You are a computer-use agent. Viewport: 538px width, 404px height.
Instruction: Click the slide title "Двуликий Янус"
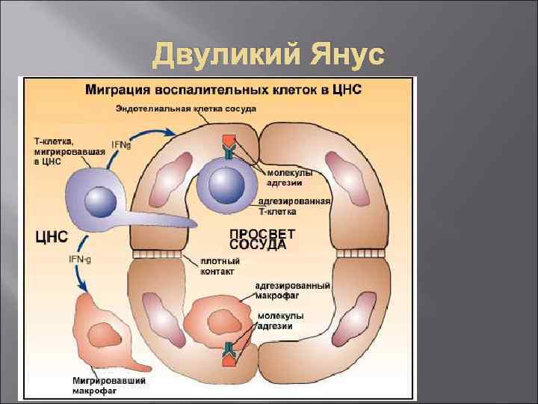point(268,55)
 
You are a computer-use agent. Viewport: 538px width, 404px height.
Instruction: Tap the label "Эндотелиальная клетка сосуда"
point(186,109)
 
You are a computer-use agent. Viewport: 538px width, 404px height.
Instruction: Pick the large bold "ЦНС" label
point(52,237)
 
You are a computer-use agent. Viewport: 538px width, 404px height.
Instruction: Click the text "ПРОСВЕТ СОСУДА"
point(257,239)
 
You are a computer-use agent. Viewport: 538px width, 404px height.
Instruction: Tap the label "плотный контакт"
point(220,266)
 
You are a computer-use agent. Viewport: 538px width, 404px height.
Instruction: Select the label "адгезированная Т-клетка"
point(294,206)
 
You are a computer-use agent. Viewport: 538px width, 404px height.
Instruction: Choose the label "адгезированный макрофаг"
point(292,291)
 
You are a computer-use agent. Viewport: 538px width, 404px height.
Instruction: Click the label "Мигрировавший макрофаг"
point(109,385)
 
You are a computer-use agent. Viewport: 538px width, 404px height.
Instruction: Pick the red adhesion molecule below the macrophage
point(228,360)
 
